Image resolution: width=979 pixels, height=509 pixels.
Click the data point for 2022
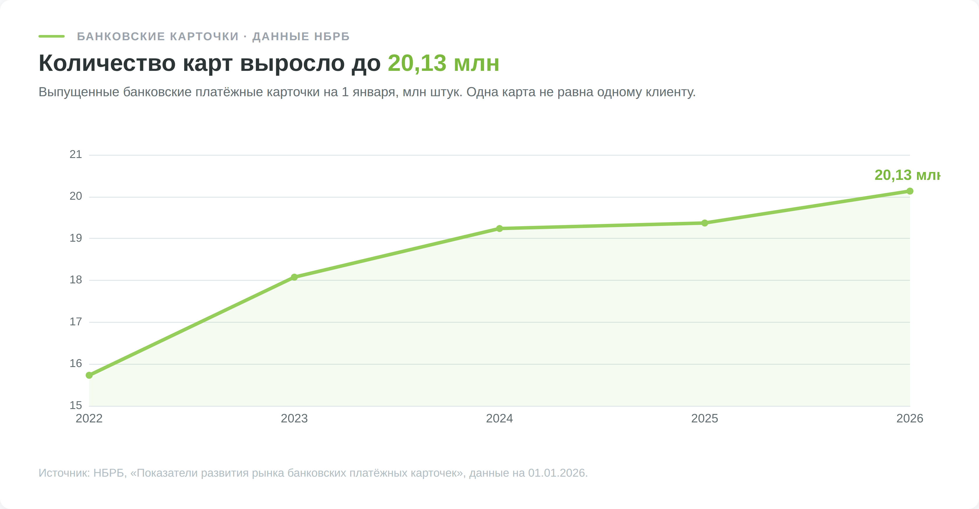[89, 375]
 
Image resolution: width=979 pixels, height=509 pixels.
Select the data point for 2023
[294, 277]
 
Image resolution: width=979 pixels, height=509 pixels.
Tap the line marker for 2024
[499, 229]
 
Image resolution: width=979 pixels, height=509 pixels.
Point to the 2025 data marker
[705, 223]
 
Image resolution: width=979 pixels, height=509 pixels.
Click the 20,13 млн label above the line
[907, 175]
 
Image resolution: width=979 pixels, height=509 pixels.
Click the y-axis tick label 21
[76, 154]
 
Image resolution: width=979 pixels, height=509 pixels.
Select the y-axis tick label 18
[76, 280]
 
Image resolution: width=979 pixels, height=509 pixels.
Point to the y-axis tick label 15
[76, 405]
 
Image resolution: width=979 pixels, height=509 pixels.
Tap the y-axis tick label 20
[76, 196]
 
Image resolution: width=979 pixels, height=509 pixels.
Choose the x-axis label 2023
[294, 419]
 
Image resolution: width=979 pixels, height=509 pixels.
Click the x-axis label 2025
[705, 419]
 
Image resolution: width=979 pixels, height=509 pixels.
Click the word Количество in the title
[107, 63]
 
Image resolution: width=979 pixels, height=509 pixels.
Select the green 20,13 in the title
[417, 63]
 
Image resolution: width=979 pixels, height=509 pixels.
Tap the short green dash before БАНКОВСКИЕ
[52, 36]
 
